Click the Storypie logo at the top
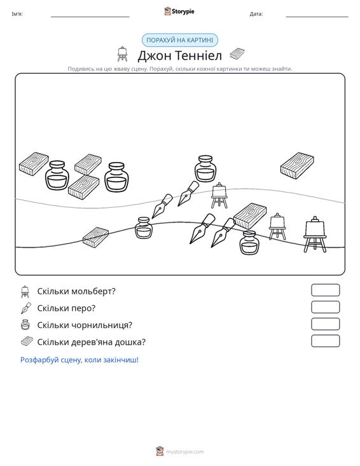pyautogui.click(x=179, y=11)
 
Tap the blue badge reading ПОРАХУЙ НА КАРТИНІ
pyautogui.click(x=180, y=40)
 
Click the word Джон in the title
pyautogui.click(x=154, y=55)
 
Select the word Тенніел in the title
pyautogui.click(x=198, y=55)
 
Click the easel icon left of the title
pyautogui.click(x=122, y=54)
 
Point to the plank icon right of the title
pyautogui.click(x=237, y=54)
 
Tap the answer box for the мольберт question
pyautogui.click(x=325, y=290)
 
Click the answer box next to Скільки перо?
pyautogui.click(x=325, y=307)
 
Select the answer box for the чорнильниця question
pyautogui.click(x=325, y=324)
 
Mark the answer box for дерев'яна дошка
pyautogui.click(x=325, y=341)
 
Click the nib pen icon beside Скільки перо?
pyautogui.click(x=26, y=308)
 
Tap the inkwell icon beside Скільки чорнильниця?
pyautogui.click(x=25, y=325)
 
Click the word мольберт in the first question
pyautogui.click(x=93, y=291)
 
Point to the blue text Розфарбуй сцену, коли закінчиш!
pyautogui.click(x=80, y=360)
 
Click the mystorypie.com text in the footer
pyautogui.click(x=184, y=452)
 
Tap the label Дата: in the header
pyautogui.click(x=256, y=14)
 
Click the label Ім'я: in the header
pyautogui.click(x=17, y=14)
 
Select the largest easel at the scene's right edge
pyautogui.click(x=315, y=235)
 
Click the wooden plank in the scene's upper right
pyautogui.click(x=297, y=165)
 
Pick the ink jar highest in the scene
pyautogui.click(x=205, y=168)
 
